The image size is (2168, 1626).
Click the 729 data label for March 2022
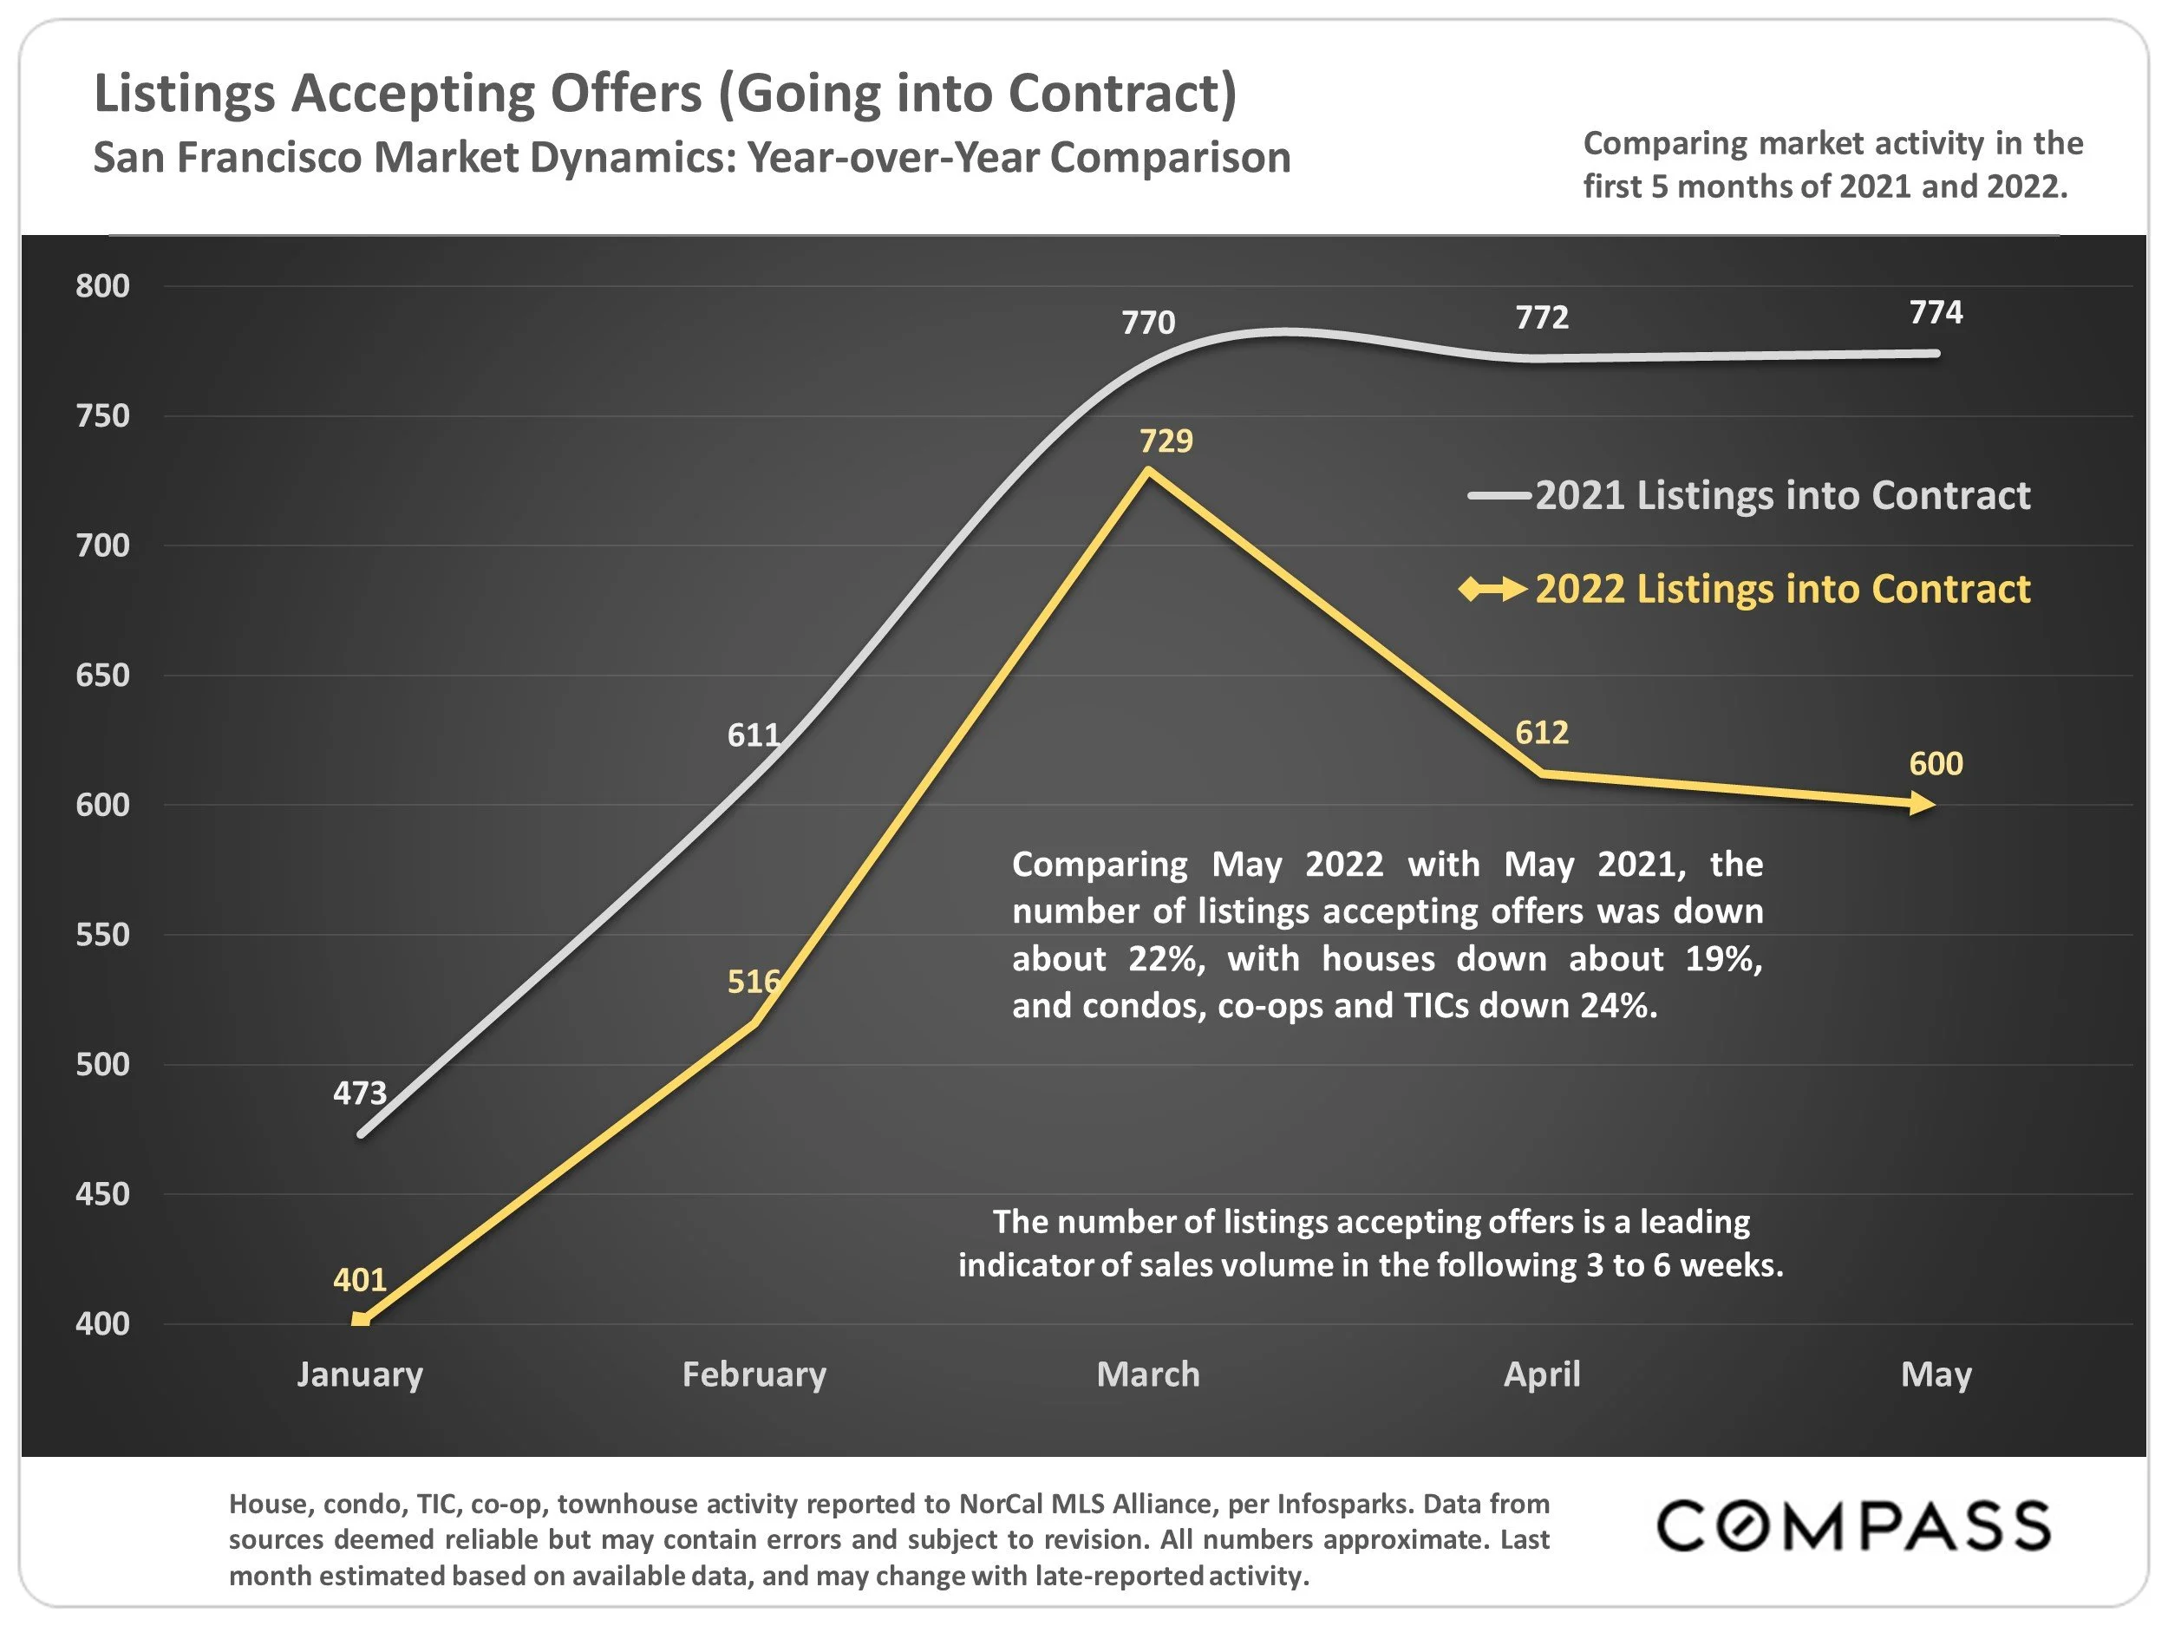tap(1166, 441)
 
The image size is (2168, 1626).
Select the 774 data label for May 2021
tap(1936, 313)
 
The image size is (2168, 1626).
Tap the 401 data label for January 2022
tap(360, 1280)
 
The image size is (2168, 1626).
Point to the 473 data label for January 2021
tap(360, 1093)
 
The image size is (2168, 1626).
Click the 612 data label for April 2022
tap(1542, 733)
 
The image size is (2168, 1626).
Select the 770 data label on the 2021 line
tap(1147, 323)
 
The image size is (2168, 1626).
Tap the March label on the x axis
tap(1147, 1375)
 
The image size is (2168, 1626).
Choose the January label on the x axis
tap(360, 1375)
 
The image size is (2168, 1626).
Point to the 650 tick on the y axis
tap(103, 676)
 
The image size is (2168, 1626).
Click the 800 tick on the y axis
tap(103, 286)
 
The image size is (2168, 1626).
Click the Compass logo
tap(1852, 1526)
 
